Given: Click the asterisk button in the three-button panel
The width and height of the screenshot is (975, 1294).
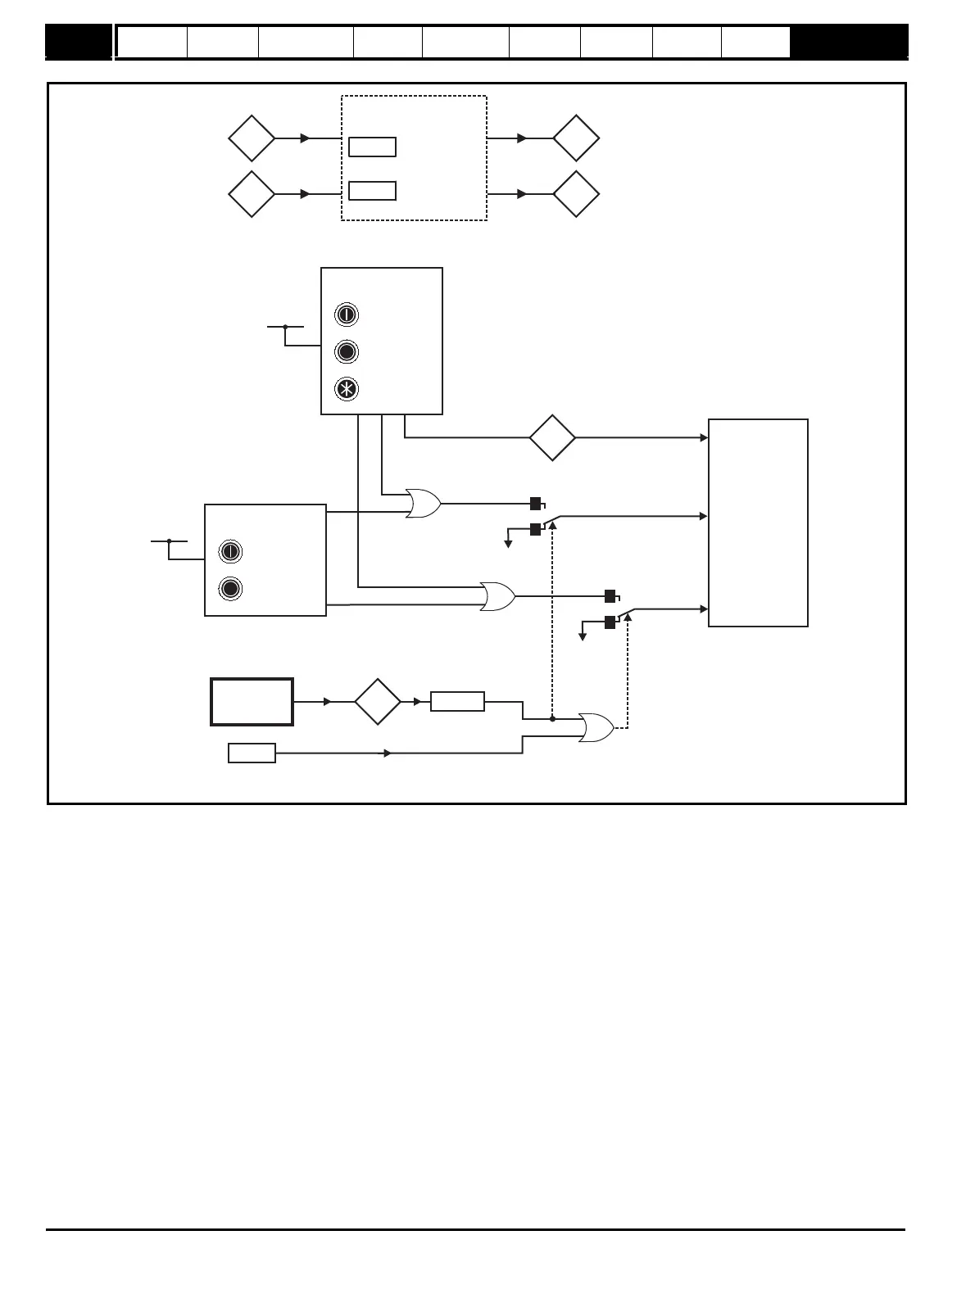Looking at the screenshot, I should pos(347,389).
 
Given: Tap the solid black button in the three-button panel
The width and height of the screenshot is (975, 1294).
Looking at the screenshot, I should pos(347,352).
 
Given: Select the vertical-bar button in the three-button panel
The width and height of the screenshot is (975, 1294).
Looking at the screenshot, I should pos(347,315).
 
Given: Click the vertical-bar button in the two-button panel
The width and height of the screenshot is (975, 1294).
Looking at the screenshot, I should pos(230,551).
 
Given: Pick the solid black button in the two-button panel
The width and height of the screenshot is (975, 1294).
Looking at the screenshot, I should pos(230,589).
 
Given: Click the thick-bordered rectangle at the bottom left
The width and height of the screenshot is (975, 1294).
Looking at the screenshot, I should pos(252,702).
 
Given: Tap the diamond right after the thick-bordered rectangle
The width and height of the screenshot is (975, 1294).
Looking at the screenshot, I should pos(378,702).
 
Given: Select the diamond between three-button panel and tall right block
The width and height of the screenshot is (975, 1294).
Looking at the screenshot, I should pos(552,438).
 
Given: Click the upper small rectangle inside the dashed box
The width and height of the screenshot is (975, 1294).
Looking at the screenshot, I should pos(373,147).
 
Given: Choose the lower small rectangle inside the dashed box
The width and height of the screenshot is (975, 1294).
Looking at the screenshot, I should pos(373,191).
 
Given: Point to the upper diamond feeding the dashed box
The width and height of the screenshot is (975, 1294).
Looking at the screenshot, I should pos(252,138).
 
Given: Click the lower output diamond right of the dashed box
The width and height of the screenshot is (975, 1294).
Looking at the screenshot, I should pos(576,194).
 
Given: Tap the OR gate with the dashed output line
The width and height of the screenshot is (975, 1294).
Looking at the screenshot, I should pos(596,727).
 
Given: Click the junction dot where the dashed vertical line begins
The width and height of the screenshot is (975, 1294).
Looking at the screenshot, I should pos(552,719).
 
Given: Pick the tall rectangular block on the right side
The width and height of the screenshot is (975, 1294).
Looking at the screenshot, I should pos(758,523).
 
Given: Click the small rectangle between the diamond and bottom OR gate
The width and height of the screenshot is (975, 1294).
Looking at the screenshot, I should pos(457,702).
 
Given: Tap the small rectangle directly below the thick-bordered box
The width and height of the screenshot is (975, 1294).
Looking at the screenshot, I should pos(252,753).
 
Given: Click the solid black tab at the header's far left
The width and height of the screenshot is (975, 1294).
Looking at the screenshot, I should pos(78,42).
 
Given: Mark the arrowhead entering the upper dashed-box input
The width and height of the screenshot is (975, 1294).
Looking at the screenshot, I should pos(306,138).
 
